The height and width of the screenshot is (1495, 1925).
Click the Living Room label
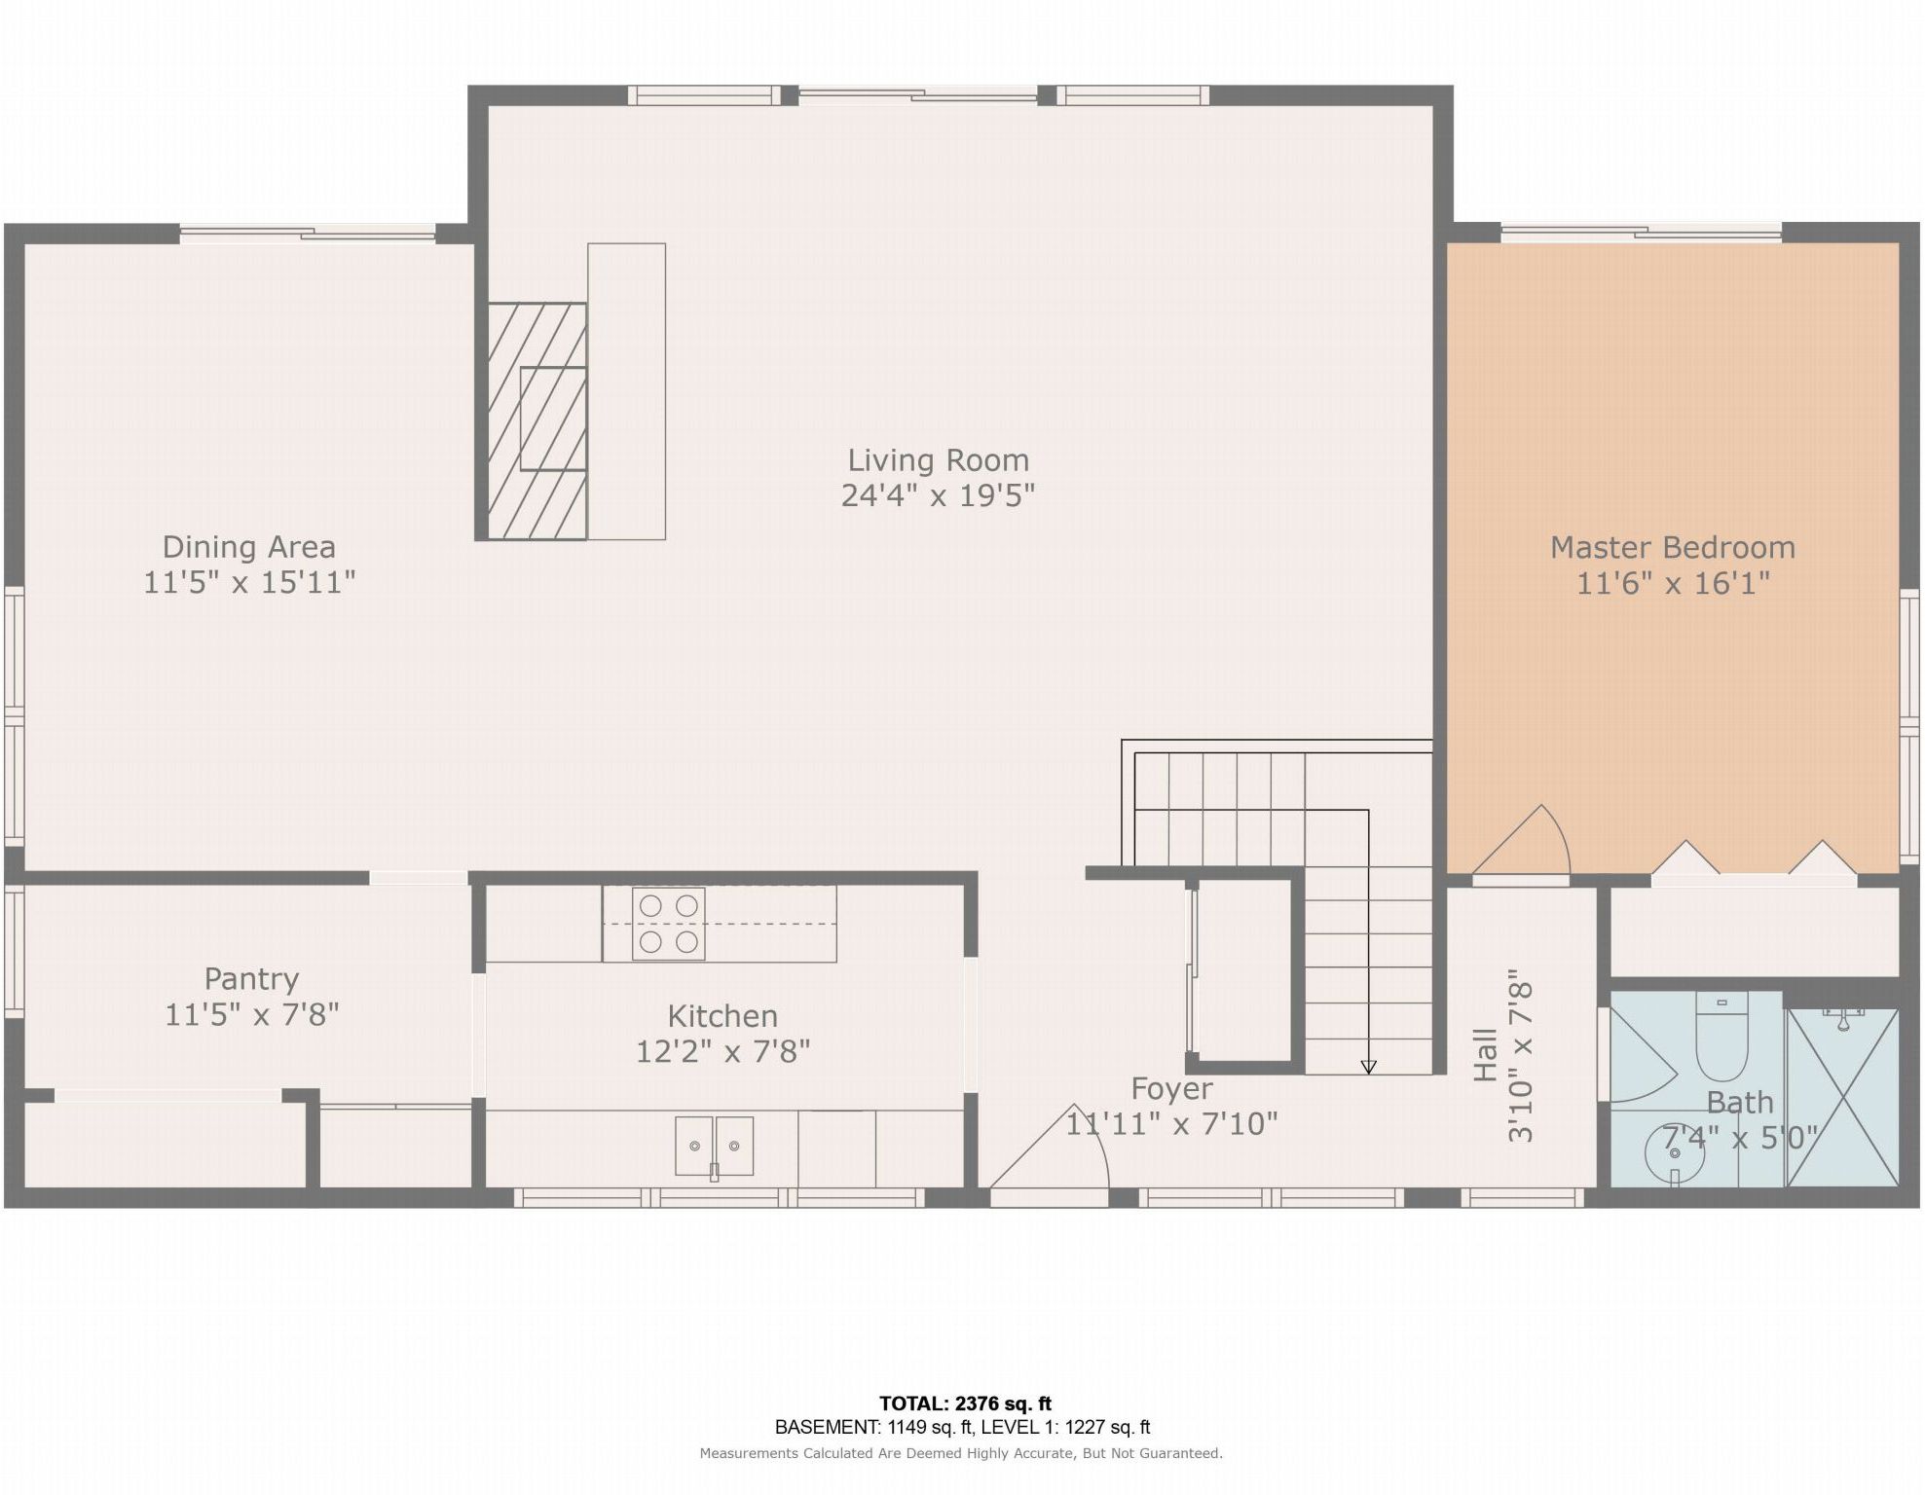(938, 459)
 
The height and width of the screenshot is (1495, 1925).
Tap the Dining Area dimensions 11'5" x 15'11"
(249, 582)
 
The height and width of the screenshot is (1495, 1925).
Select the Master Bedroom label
(1673, 547)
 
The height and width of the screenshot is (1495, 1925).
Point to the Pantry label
(251, 979)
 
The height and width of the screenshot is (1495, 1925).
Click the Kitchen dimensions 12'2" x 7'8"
(722, 1051)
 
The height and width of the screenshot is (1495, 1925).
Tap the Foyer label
(1171, 1088)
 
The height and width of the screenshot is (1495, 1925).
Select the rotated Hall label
(1485, 1055)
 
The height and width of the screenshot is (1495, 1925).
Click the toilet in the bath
(1721, 1037)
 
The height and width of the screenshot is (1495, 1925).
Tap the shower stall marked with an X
(1842, 1098)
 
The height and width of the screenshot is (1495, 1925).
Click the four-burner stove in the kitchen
(668, 924)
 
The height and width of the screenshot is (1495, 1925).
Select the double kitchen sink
(714, 1146)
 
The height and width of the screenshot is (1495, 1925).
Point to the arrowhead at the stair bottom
(1368, 1067)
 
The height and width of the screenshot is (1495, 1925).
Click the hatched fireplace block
(537, 420)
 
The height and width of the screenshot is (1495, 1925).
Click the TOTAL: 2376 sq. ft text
(965, 1404)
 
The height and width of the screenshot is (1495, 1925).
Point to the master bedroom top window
(1642, 233)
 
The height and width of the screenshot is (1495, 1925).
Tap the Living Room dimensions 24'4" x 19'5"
(938, 495)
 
